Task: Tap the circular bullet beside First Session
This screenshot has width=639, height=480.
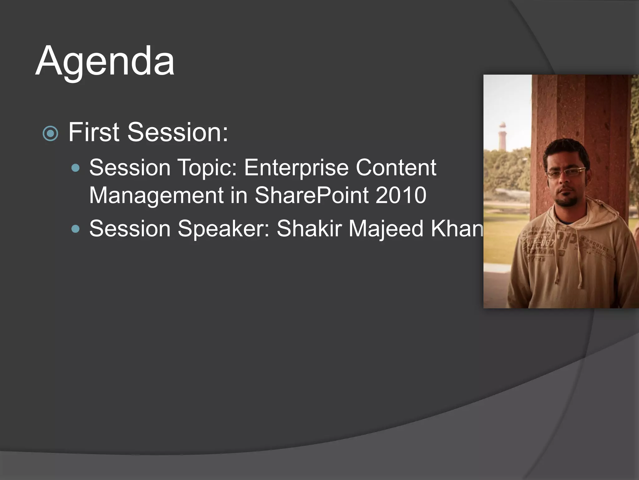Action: click(x=50, y=133)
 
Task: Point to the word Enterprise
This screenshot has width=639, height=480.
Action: click(x=296, y=168)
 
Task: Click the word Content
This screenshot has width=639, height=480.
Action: click(x=396, y=168)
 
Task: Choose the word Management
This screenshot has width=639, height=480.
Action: click(x=156, y=195)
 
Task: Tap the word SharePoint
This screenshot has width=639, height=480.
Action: click(x=311, y=195)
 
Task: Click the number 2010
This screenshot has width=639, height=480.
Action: click(x=401, y=195)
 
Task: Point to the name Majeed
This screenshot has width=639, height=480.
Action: click(x=386, y=228)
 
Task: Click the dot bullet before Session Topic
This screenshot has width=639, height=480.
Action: click(x=76, y=168)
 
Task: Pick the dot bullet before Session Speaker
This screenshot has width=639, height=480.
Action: click(x=76, y=229)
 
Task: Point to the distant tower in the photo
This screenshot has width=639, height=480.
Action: click(x=502, y=136)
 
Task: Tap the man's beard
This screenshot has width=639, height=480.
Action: click(x=567, y=202)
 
